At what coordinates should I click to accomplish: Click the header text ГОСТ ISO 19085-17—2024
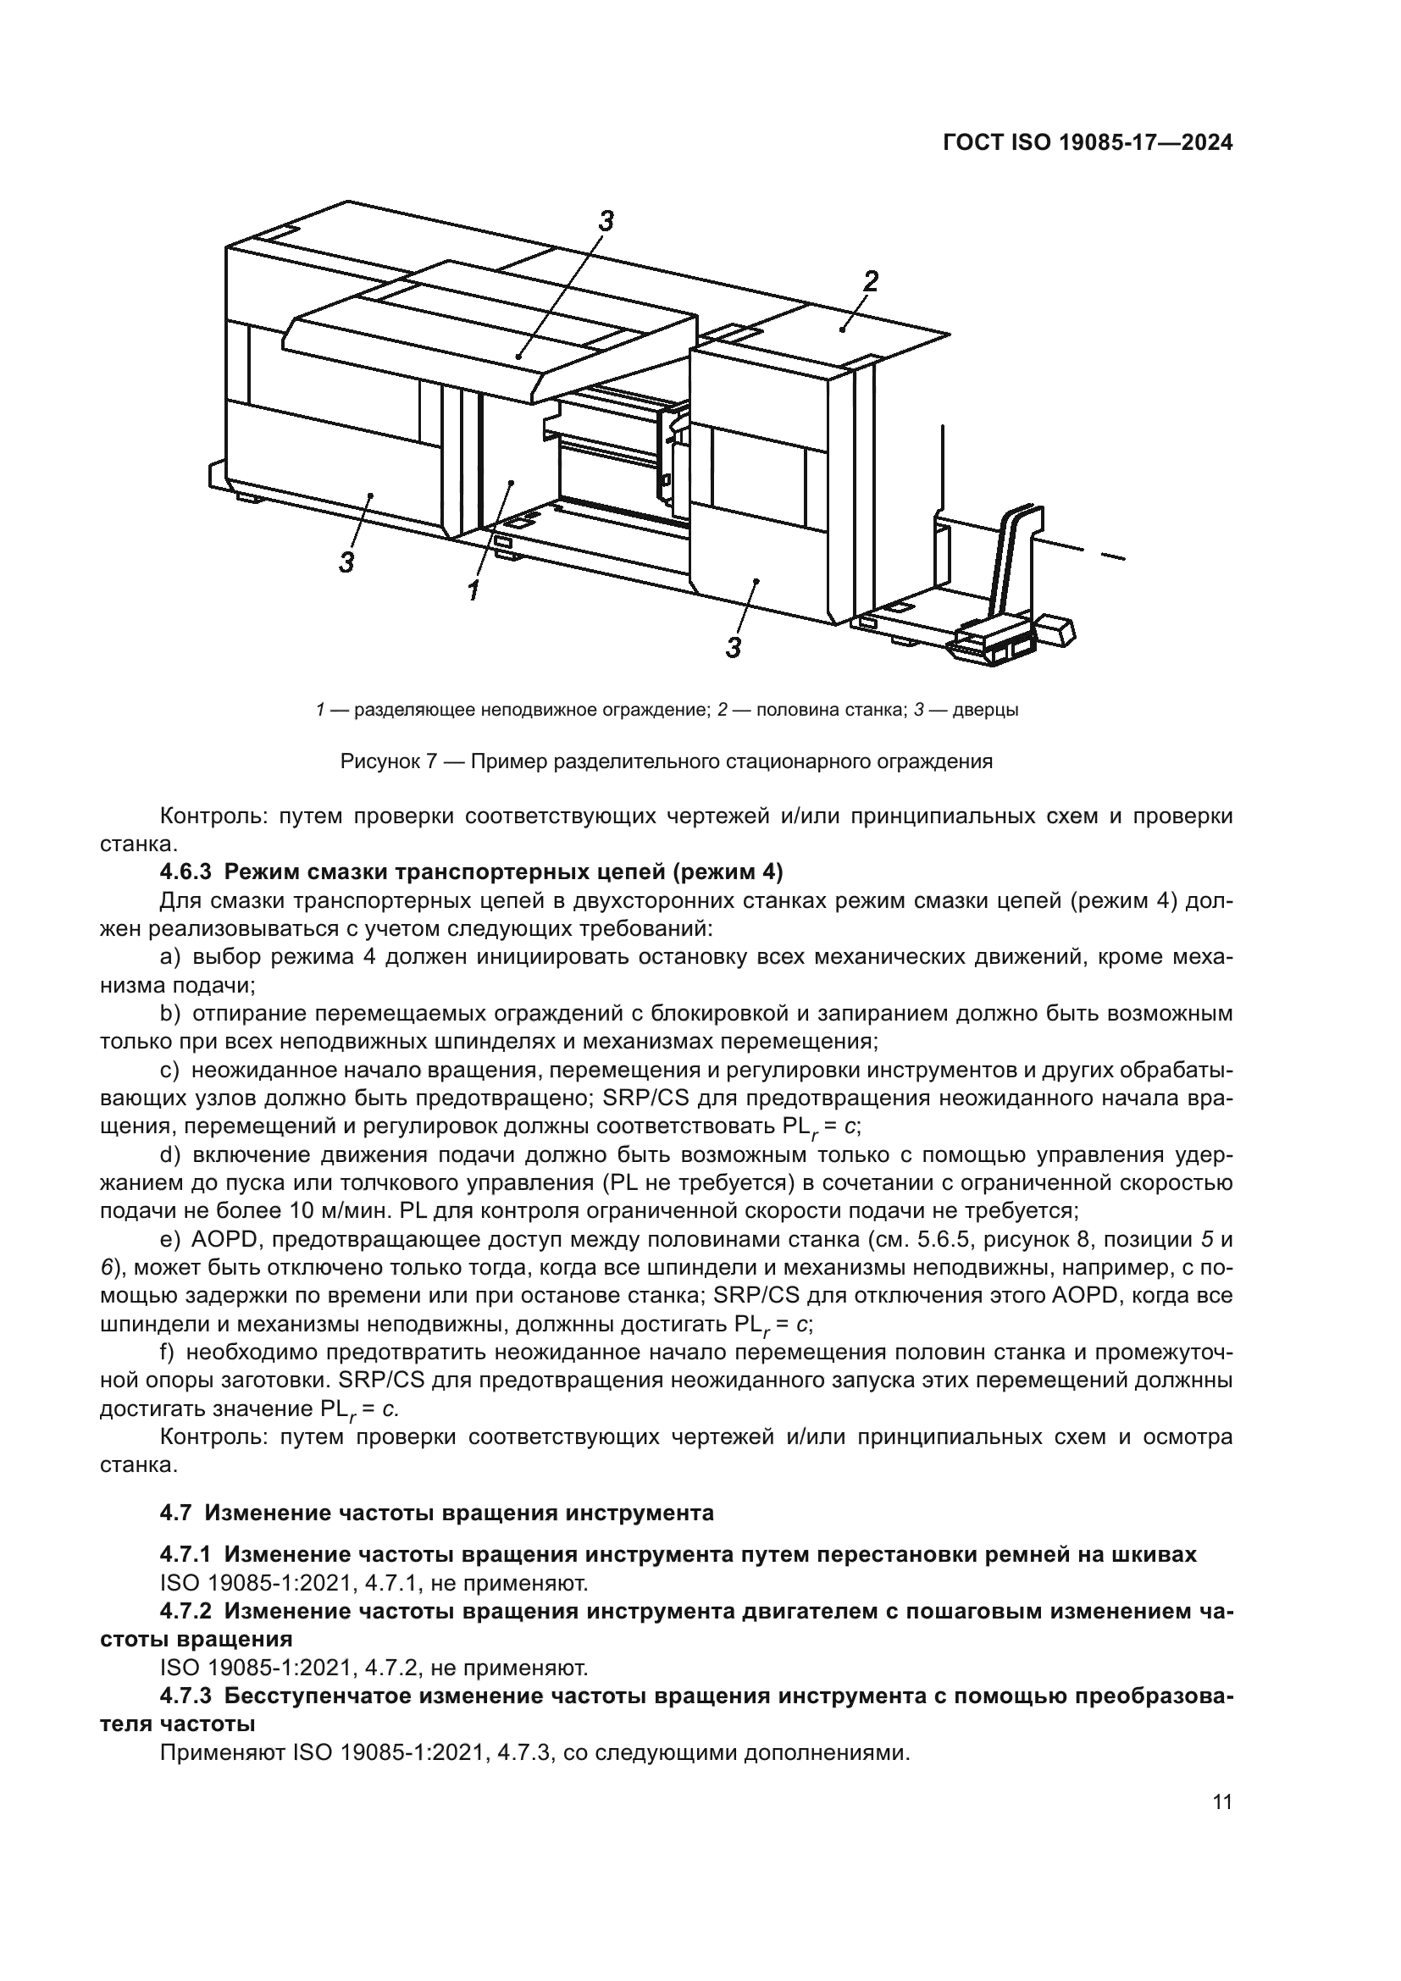click(1087, 144)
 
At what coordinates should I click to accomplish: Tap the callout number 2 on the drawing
click(871, 280)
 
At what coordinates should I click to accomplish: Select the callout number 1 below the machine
click(473, 591)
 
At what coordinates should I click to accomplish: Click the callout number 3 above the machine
click(606, 222)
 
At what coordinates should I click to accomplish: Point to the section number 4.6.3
click(186, 872)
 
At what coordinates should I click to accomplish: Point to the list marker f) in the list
click(168, 1351)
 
